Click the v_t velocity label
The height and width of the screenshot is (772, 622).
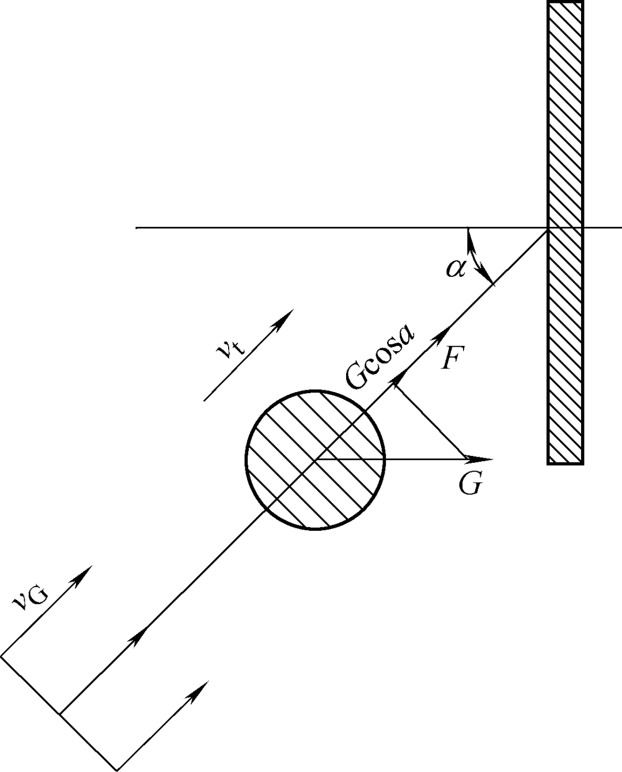pyautogui.click(x=231, y=346)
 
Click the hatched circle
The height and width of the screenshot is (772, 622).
pyautogui.click(x=315, y=459)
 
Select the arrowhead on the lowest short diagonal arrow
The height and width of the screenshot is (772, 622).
pyautogui.click(x=199, y=691)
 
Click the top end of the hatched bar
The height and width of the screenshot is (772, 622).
pyautogui.click(x=565, y=2)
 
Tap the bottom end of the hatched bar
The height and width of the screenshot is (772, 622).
pyautogui.click(x=565, y=463)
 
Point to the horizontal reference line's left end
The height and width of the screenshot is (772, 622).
pyautogui.click(x=136, y=227)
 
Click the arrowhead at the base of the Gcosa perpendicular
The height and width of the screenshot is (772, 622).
pyautogui.click(x=399, y=381)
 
